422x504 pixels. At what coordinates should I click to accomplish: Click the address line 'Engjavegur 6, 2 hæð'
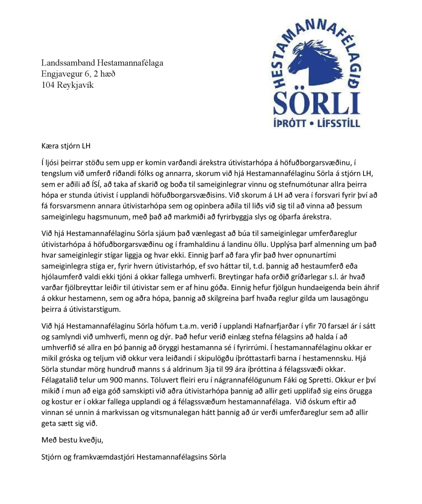(x=78, y=74)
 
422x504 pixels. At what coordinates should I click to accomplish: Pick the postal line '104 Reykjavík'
(x=68, y=85)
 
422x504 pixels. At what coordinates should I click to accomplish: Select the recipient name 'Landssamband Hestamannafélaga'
(x=102, y=63)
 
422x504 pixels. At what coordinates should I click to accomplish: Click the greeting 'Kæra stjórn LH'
(x=66, y=145)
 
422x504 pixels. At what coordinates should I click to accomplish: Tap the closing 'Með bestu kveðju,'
(x=73, y=440)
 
